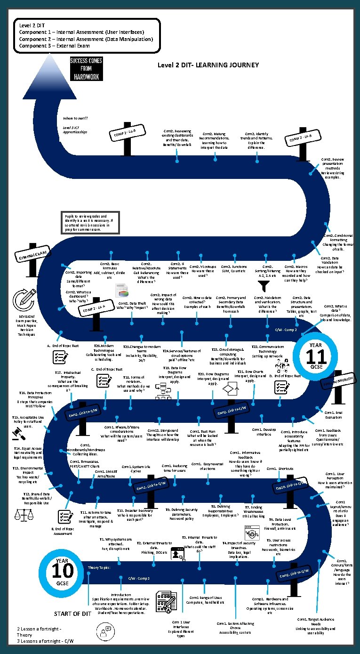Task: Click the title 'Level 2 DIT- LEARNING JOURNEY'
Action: (x=208, y=65)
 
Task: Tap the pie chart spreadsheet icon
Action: (x=123, y=291)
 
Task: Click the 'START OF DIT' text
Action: (x=72, y=614)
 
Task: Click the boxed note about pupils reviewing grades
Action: (x=91, y=222)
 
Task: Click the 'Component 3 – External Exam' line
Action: (x=54, y=46)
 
